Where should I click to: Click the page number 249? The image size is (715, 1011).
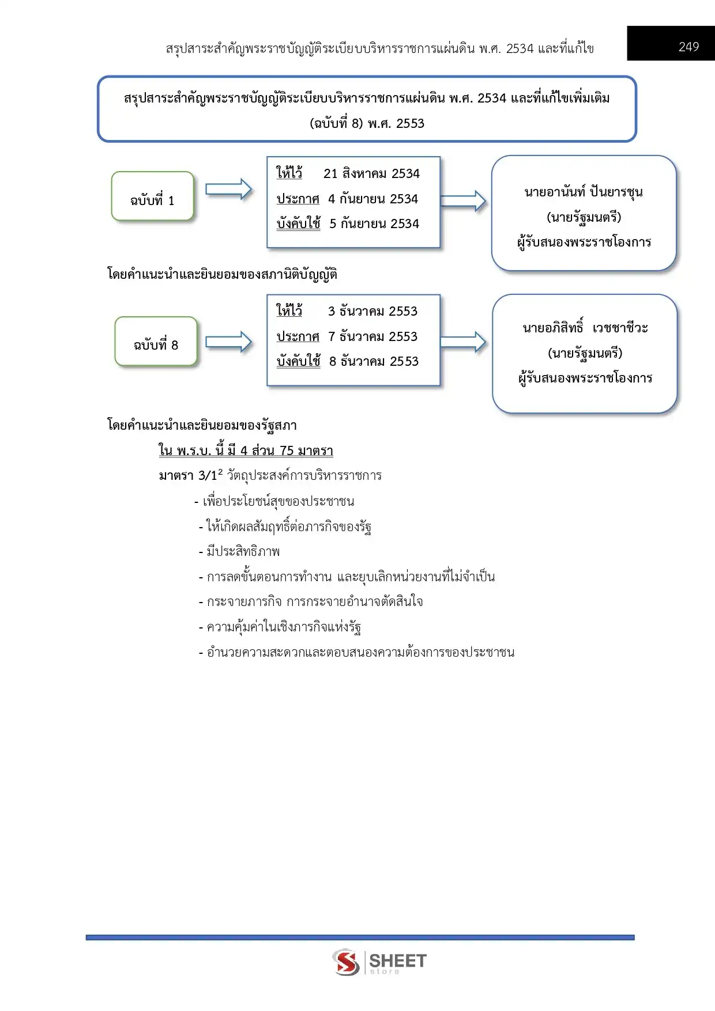pos(688,47)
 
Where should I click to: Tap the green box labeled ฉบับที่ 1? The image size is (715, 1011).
pos(152,197)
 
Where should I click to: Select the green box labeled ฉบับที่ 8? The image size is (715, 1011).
pos(156,342)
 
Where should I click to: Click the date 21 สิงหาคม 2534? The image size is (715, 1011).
pos(371,173)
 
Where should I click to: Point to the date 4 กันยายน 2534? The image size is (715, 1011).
pos(372,199)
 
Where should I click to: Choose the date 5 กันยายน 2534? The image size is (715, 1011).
pos(374,224)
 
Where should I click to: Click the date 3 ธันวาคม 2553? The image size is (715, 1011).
pos(372,311)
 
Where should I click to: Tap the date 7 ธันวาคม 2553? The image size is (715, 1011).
pos(372,336)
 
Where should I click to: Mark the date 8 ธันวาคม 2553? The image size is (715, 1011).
pos(374,361)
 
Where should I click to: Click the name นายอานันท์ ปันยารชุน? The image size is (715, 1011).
pos(584,192)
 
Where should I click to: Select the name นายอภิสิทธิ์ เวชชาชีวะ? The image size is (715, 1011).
pos(585,328)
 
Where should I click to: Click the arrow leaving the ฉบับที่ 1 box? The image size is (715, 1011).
pos(228,190)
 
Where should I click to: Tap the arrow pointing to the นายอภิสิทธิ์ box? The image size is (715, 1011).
pos(463,342)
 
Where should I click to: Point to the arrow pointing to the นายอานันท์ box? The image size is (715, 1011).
pos(463,200)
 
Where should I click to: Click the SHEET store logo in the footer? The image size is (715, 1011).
pos(379,962)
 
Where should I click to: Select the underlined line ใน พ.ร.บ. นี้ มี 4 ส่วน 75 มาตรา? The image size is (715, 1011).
pos(246,450)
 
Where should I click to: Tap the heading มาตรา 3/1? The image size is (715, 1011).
pos(190,476)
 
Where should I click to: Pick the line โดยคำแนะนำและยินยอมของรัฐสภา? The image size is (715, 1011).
pos(202,425)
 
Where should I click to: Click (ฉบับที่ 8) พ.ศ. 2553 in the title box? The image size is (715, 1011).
pos(367,123)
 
